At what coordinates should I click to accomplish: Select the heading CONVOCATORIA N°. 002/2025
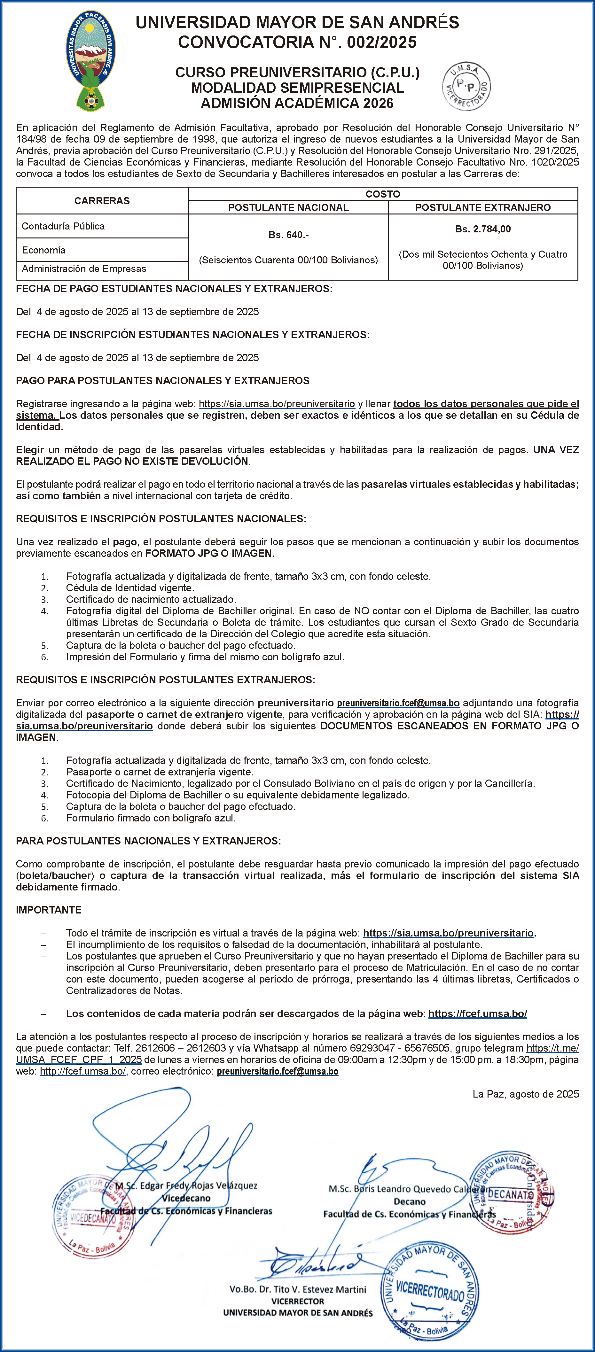click(297, 42)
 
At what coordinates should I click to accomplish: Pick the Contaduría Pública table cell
click(63, 226)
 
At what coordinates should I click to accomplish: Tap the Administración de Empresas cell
click(84, 269)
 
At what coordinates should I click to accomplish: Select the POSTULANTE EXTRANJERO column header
click(482, 208)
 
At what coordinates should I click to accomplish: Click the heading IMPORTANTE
click(49, 910)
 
